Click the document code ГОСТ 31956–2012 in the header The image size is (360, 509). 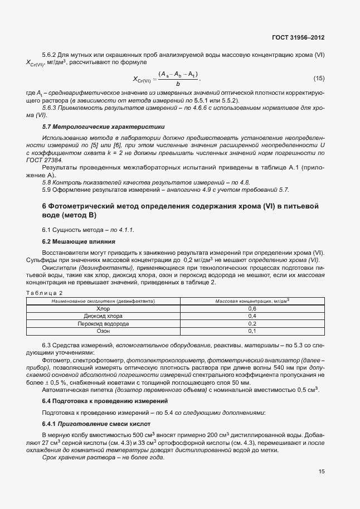298,37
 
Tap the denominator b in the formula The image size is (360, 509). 177,84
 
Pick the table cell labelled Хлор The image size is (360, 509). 103,308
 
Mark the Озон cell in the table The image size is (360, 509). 103,331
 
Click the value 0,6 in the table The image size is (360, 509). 251,308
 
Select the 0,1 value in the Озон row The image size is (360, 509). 251,331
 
